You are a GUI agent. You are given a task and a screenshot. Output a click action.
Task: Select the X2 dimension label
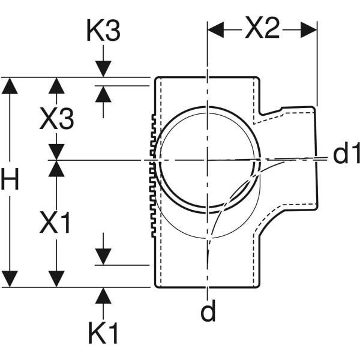[262, 28]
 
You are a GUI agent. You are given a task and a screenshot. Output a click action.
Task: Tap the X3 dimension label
[57, 120]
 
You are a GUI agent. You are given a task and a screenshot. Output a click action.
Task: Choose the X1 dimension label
[56, 223]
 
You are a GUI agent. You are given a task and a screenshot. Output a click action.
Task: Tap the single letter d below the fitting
[208, 312]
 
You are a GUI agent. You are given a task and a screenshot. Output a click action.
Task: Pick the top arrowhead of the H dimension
[10, 85]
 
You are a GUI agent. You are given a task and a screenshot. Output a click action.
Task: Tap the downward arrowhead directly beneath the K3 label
[104, 70]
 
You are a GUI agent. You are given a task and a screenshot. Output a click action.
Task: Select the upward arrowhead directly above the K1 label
[104, 295]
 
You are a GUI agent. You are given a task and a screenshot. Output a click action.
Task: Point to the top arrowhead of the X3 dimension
[56, 85]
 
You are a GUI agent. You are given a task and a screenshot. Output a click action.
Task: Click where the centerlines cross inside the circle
[207, 160]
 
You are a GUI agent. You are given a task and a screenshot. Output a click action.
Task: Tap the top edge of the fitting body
[207, 77]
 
